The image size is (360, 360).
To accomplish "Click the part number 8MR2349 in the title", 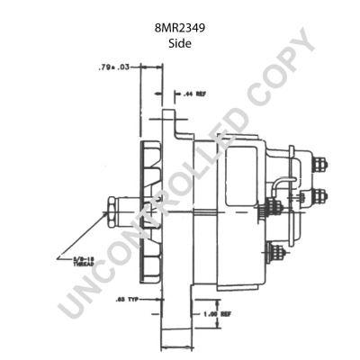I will (180, 28).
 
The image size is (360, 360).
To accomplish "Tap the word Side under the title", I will (180, 43).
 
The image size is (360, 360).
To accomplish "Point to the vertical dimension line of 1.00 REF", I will (217, 310).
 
